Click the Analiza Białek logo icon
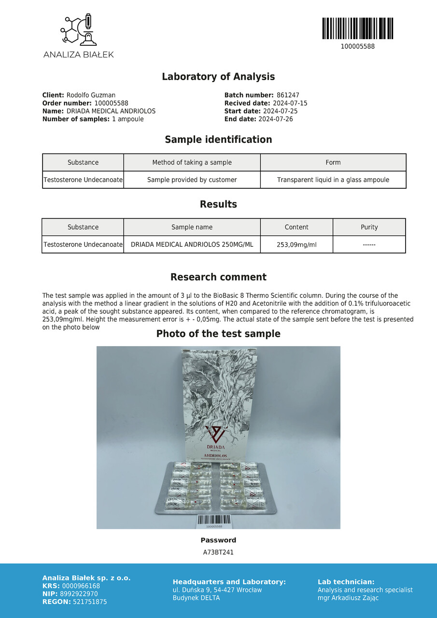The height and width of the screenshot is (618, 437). point(78,30)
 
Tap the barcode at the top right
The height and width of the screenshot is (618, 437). point(357,28)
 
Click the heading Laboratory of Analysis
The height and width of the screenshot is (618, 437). point(218,77)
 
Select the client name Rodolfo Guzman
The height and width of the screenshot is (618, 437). point(91,96)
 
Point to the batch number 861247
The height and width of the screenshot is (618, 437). point(288,96)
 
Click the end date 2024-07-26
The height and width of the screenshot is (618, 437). point(275,119)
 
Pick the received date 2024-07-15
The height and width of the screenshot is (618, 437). point(290,103)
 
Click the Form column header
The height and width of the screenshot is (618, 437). point(333,163)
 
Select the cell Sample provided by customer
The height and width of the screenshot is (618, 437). point(192,180)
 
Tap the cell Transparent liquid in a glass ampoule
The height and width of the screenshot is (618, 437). point(333,180)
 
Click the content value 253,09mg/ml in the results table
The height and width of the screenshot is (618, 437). point(296,245)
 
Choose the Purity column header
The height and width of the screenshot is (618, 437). point(369,227)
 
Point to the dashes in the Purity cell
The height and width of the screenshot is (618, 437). point(369,245)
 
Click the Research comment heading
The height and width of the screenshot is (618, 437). point(218,277)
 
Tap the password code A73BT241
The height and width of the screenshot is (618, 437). point(218,552)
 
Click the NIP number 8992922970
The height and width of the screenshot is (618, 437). point(80,594)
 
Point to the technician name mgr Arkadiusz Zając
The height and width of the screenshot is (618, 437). point(348,598)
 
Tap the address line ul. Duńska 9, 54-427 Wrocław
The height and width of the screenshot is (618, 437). point(217,590)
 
